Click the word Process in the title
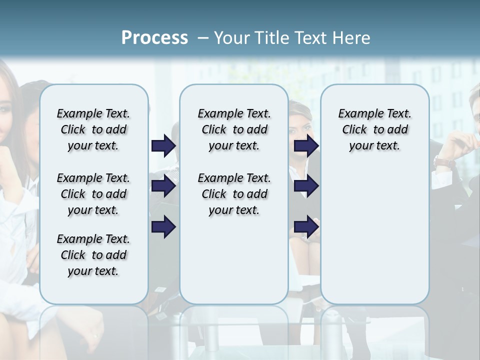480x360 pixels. [x=154, y=37]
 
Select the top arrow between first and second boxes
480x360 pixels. [x=163, y=145]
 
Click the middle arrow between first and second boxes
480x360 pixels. [x=163, y=186]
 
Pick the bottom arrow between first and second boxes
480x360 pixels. [x=163, y=226]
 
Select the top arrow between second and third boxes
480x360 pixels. [x=306, y=145]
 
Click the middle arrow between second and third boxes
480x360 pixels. [x=306, y=186]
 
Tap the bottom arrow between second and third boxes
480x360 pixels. [x=306, y=226]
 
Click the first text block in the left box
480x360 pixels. [x=93, y=129]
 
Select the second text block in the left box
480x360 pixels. [x=93, y=194]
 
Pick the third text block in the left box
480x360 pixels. [x=93, y=255]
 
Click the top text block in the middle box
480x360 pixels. [x=234, y=129]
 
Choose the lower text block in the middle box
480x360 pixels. [x=234, y=194]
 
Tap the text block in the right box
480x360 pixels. [x=374, y=129]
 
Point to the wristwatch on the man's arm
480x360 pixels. [x=444, y=162]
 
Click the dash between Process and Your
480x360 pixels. [x=203, y=38]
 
